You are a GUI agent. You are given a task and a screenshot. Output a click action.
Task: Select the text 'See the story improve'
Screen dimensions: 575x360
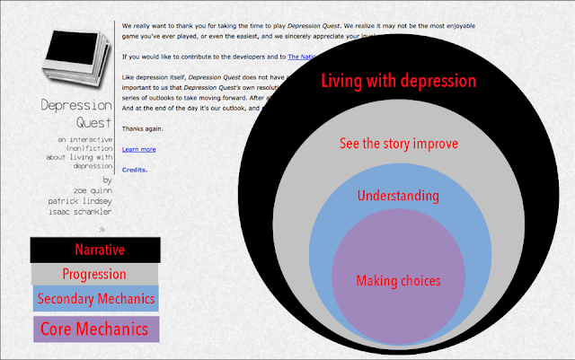[398, 145]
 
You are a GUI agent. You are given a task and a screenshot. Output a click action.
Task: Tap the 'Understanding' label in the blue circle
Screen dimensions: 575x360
[398, 196]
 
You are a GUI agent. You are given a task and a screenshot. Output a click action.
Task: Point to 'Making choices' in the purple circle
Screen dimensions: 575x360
[398, 281]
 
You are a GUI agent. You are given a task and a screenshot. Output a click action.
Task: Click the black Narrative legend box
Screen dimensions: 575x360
[95, 249]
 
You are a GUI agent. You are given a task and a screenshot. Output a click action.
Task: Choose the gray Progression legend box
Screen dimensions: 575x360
[94, 274]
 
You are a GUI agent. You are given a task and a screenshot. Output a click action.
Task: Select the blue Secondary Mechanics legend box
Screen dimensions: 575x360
[95, 299]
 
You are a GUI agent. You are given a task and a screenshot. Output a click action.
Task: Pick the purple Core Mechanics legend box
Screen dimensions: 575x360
[95, 329]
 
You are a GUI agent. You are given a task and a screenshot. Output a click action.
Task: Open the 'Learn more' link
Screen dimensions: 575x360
[138, 149]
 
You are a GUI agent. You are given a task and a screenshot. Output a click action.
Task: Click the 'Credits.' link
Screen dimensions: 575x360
[134, 170]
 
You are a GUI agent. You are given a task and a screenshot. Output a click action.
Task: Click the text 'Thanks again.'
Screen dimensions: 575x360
[141, 128]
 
